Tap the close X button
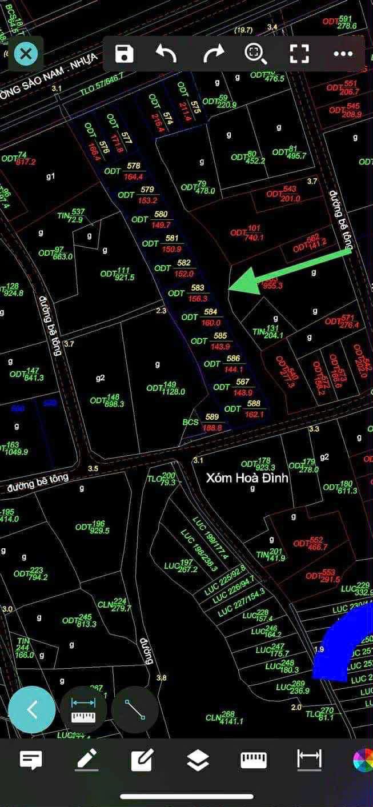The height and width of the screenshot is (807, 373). [25, 54]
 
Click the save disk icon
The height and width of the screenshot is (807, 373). [124, 54]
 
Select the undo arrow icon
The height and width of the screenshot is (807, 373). [166, 54]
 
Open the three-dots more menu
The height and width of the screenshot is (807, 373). [343, 54]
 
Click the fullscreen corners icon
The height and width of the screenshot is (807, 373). [299, 54]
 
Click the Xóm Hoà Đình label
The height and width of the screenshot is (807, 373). [247, 477]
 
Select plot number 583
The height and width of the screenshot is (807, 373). [198, 288]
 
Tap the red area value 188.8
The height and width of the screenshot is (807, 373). [212, 427]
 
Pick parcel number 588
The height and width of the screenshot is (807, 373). [254, 404]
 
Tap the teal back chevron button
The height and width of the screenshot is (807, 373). [32, 710]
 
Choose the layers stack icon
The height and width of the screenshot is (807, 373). [198, 760]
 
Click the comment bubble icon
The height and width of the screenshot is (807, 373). [31, 760]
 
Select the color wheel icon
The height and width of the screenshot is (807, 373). [363, 760]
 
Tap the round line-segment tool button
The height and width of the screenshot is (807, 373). [135, 710]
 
